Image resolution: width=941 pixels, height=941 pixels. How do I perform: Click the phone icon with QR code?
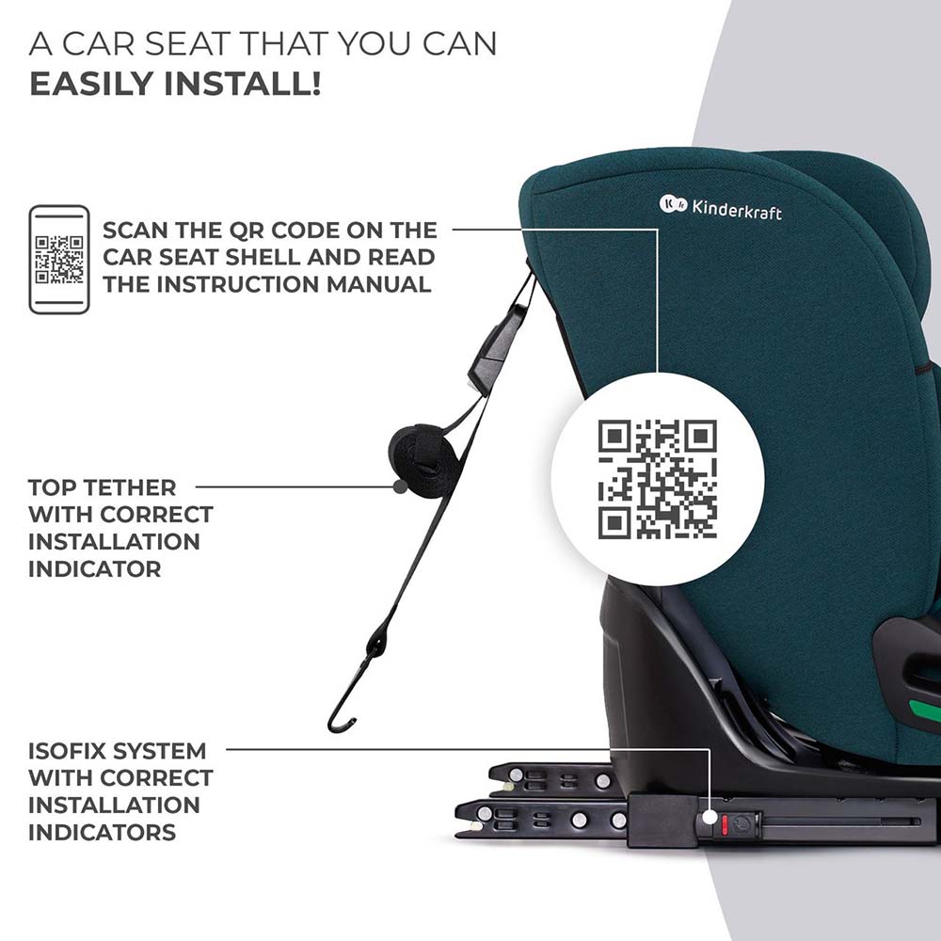[x=59, y=260]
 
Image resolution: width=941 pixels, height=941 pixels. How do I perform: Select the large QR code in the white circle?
[x=657, y=479]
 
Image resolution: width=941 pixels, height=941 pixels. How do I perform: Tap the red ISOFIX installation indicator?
[x=725, y=824]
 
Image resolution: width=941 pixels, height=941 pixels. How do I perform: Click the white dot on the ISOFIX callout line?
[x=710, y=817]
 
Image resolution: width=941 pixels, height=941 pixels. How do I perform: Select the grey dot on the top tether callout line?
[x=400, y=486]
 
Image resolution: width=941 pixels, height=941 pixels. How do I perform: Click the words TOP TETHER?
[x=102, y=487]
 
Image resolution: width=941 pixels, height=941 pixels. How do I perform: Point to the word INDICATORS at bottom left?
[x=102, y=833]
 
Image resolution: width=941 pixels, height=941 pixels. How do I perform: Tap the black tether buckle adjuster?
[x=495, y=349]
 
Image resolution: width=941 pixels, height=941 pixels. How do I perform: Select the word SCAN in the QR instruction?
[x=135, y=230]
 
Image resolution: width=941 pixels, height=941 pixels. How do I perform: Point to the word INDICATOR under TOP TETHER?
[x=95, y=569]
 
